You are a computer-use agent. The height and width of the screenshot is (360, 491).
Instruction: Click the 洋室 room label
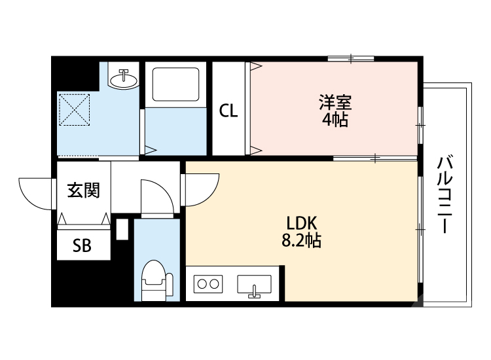click(335, 103)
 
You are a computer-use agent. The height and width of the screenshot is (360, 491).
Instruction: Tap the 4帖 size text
click(335, 120)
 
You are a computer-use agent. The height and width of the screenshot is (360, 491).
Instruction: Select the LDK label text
click(300, 223)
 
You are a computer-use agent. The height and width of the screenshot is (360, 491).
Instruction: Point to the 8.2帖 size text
click(300, 241)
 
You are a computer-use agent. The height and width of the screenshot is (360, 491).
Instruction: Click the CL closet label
click(228, 111)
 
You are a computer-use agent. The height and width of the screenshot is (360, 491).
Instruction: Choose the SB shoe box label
click(82, 245)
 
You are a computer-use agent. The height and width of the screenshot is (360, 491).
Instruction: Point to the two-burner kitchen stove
click(208, 284)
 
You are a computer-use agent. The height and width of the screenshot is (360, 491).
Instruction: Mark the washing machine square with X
click(73, 109)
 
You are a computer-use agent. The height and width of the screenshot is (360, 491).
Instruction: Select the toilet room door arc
click(158, 196)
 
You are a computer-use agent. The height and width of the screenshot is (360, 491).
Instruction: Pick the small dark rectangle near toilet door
click(122, 230)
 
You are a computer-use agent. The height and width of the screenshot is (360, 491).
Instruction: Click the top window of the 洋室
click(350, 59)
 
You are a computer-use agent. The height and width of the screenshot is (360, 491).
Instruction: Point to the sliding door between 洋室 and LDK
click(374, 158)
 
